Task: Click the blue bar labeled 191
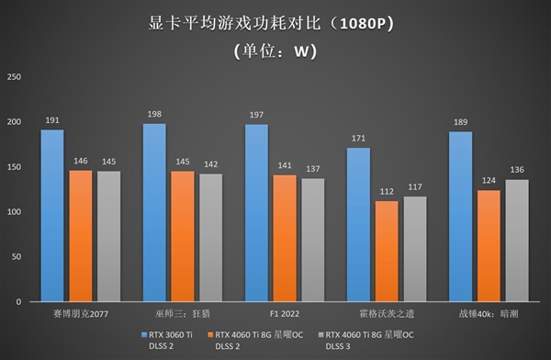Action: pyautogui.click(x=52, y=215)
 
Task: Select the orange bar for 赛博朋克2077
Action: pyautogui.click(x=81, y=235)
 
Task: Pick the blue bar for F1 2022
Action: pyautogui.click(x=256, y=212)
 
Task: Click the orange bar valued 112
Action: pyautogui.click(x=387, y=251)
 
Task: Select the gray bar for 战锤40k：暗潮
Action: pyautogui.click(x=517, y=240)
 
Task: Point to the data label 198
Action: pyautogui.click(x=154, y=114)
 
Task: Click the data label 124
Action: pyautogui.click(x=489, y=181)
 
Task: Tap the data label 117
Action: pyautogui.click(x=415, y=187)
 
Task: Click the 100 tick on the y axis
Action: pyautogui.click(x=13, y=211)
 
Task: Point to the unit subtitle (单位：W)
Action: pyautogui.click(x=275, y=51)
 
